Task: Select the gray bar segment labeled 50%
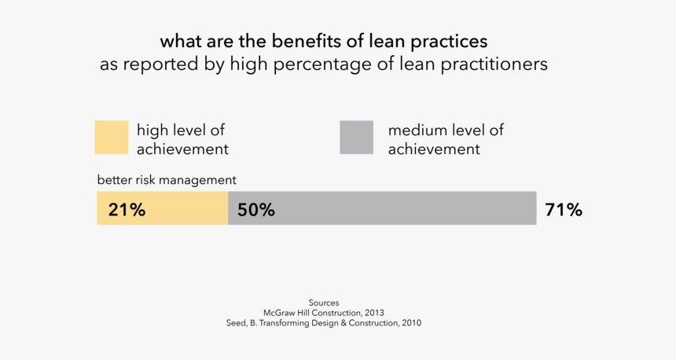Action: (393, 209)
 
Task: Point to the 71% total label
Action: (563, 210)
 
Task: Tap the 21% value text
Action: (127, 210)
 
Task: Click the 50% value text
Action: (255, 210)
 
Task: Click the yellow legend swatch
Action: (111, 138)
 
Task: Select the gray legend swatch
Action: (356, 138)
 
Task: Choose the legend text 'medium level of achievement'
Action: (446, 139)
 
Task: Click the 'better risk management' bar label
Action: (167, 180)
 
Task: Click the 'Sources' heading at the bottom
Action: (324, 303)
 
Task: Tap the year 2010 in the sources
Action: (409, 323)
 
